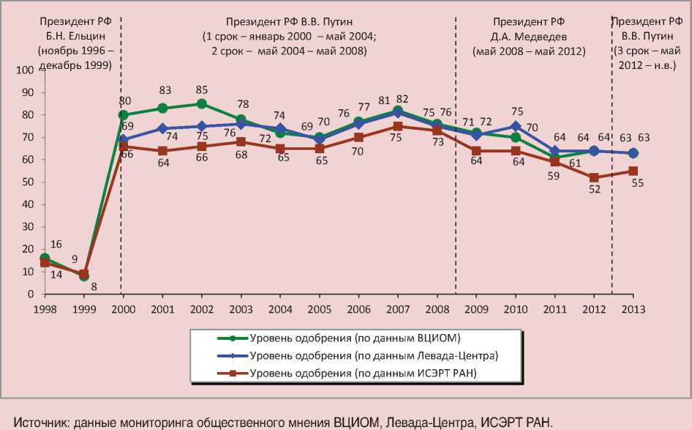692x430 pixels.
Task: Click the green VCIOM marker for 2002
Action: [x=202, y=104]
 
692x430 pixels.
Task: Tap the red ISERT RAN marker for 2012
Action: [x=594, y=177]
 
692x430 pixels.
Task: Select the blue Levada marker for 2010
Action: [x=515, y=126]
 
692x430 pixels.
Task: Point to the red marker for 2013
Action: [x=633, y=171]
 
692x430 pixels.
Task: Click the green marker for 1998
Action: [x=45, y=259]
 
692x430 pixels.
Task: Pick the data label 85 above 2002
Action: [x=202, y=91]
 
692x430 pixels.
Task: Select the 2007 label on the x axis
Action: [x=397, y=308]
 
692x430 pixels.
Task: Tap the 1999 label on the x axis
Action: [x=84, y=308]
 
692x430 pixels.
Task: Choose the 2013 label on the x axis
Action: [x=633, y=308]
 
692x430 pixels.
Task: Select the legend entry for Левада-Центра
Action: [x=373, y=355]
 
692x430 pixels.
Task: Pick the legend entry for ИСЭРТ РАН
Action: [x=363, y=374]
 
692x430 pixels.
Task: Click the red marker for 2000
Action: [x=124, y=147]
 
